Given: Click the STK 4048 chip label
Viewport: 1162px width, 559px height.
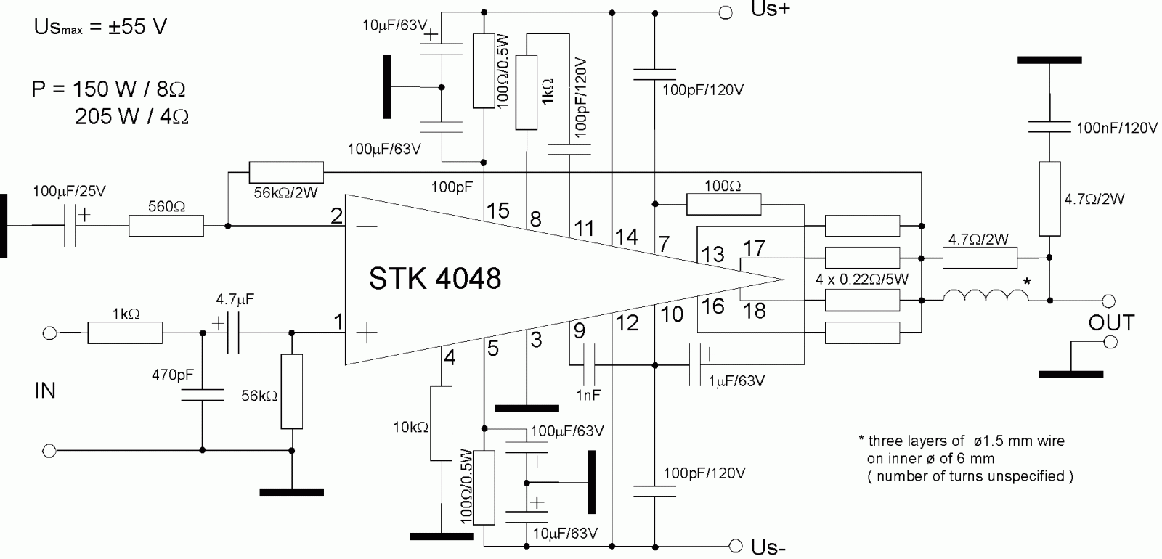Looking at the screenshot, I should (x=434, y=278).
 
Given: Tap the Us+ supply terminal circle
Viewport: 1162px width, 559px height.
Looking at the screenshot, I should (x=724, y=12).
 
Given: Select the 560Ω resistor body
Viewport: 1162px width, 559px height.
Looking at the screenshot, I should (x=166, y=226).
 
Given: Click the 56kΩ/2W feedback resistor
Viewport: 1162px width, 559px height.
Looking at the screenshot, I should (x=286, y=172).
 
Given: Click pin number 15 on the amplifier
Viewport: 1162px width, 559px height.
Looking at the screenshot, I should (x=497, y=211).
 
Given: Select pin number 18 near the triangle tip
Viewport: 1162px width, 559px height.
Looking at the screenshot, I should (x=755, y=311).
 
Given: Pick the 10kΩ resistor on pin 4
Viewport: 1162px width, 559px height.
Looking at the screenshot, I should (x=441, y=423).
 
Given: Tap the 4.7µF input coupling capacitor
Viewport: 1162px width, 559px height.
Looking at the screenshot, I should (x=233, y=333).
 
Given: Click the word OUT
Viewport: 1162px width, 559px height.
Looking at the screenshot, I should (x=1110, y=322).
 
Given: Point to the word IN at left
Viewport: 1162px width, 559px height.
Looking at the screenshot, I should (x=45, y=391).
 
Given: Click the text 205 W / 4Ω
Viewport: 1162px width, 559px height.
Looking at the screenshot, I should (x=131, y=116).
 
